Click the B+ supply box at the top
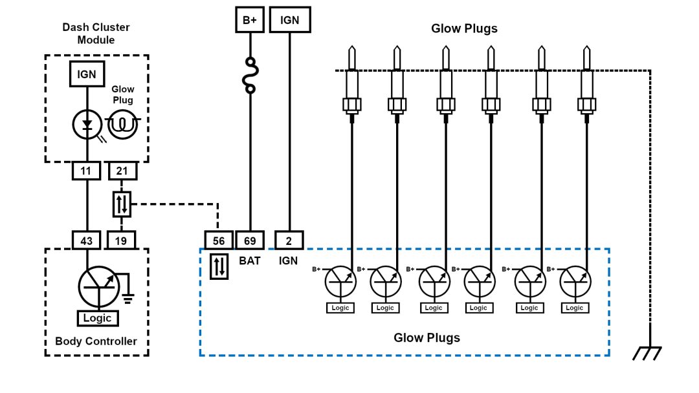[x=250, y=20]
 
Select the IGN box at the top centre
[x=289, y=20]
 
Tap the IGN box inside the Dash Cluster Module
[x=87, y=74]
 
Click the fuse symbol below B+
[x=250, y=75]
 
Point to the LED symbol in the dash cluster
[x=87, y=125]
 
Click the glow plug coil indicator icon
[x=123, y=125]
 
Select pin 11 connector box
[x=87, y=171]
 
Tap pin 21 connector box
[x=122, y=171]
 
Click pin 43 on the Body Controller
[x=87, y=240]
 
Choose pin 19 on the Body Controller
[x=122, y=240]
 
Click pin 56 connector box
[x=219, y=240]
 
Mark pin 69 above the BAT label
[x=250, y=240]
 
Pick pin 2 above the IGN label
[x=289, y=240]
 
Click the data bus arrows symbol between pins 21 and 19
[x=122, y=204]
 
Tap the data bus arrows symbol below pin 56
[x=219, y=266]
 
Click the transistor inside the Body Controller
[x=99, y=285]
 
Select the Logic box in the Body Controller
[x=98, y=318]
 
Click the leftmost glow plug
[x=351, y=84]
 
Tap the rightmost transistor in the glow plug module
[x=575, y=282]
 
